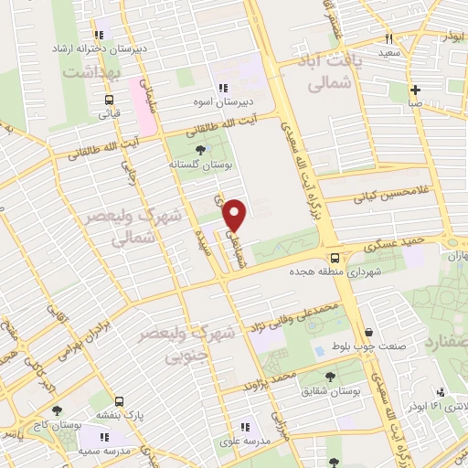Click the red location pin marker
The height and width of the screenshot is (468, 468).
236,214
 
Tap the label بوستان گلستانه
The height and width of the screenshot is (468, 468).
197,164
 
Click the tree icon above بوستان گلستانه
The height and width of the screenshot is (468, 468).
199,149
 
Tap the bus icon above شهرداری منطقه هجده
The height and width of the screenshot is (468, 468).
336,258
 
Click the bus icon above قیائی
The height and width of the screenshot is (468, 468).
109,101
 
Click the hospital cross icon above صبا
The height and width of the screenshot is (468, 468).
416,90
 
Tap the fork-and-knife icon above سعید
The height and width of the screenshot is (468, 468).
389,38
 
